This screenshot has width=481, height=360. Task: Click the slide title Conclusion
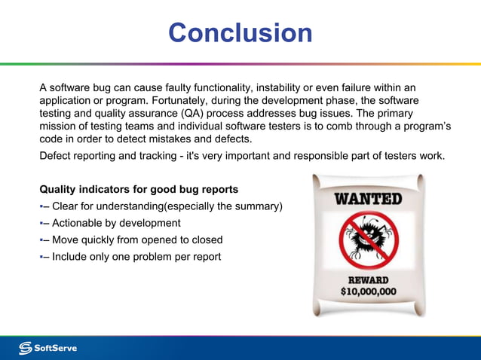tap(240, 33)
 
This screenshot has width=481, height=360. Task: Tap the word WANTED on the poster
tap(368, 200)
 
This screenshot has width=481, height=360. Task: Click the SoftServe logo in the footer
tap(48, 347)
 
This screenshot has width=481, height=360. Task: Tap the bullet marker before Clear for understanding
tap(42, 207)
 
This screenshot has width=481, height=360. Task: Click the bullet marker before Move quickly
tap(42, 240)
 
